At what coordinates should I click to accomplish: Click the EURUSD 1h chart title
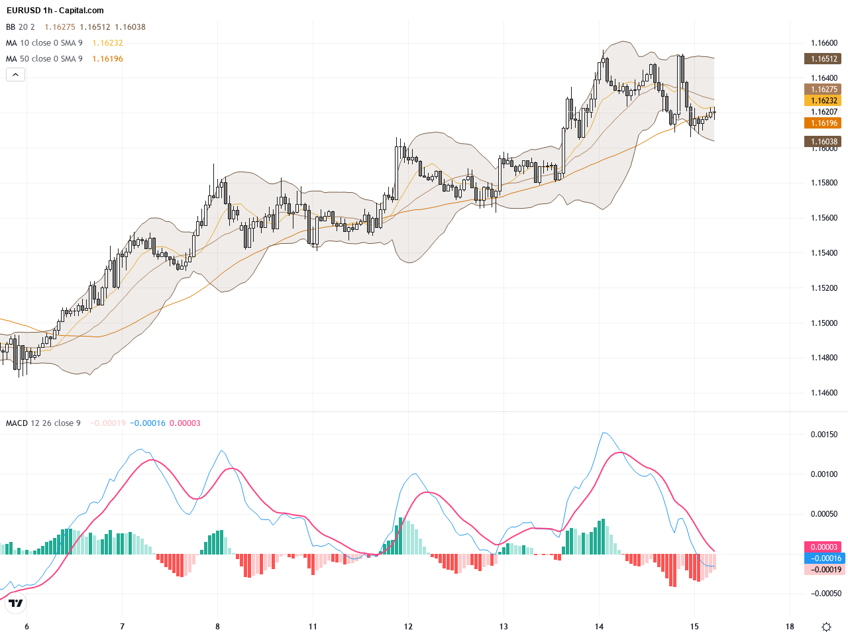point(55,11)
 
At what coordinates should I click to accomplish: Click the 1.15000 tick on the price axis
point(823,323)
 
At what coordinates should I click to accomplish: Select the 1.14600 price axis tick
point(823,393)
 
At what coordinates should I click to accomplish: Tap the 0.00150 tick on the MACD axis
point(823,435)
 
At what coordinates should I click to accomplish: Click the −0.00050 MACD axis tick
point(823,594)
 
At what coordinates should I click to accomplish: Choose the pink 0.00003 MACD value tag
point(823,547)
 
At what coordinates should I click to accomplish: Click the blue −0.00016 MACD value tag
point(823,558)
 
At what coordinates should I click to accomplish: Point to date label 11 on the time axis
point(313,627)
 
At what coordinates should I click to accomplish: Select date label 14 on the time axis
point(599,627)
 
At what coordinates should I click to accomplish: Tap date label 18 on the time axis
point(790,627)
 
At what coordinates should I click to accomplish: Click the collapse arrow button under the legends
point(15,75)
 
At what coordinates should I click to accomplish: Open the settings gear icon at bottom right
point(826,627)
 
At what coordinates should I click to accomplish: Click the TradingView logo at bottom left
point(16,603)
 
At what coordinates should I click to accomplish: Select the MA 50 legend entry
point(44,59)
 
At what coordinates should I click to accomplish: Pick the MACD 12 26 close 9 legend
point(43,423)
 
